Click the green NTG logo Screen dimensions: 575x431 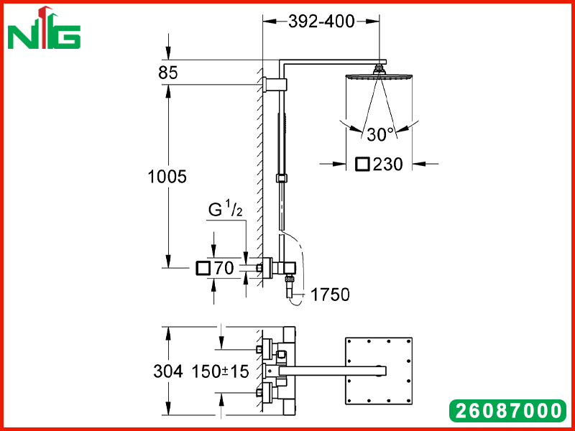coord(44,28)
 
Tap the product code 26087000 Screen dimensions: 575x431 coord(508,410)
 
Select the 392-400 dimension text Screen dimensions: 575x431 coord(321,22)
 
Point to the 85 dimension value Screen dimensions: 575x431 coord(168,73)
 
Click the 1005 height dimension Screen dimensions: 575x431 coord(167,177)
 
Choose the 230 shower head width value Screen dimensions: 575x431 coord(388,164)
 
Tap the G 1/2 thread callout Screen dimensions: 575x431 coord(226,210)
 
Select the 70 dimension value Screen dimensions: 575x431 coord(224,268)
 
